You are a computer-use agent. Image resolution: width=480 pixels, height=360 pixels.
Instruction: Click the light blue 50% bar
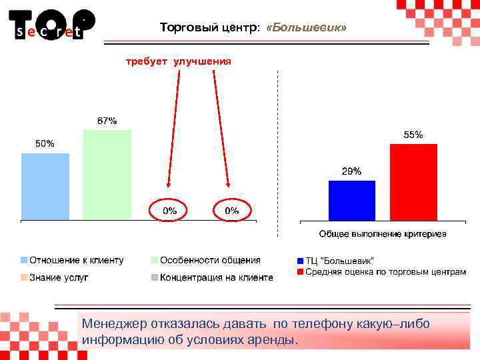point(45,187)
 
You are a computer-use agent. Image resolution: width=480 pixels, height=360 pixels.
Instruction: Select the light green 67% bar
point(107,175)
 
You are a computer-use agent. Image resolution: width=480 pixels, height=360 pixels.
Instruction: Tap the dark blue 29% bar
point(351,200)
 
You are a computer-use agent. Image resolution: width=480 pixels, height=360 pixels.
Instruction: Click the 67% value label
point(107,121)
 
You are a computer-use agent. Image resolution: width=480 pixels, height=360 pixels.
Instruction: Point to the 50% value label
point(45,144)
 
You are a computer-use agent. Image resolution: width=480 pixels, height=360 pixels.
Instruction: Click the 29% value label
point(351,171)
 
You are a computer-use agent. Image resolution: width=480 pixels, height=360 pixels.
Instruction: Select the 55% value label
point(413,135)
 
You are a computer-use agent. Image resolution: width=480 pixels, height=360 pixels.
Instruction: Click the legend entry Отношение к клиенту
point(75,260)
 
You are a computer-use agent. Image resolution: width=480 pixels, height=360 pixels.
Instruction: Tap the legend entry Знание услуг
point(58,277)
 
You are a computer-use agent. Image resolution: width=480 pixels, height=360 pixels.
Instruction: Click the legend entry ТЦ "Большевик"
point(339,260)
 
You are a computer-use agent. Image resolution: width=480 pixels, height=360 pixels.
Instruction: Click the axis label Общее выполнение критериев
point(383,234)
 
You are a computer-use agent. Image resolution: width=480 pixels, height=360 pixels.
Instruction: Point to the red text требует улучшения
point(179,61)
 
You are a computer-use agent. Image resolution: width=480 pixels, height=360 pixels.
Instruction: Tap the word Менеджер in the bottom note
point(111,324)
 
